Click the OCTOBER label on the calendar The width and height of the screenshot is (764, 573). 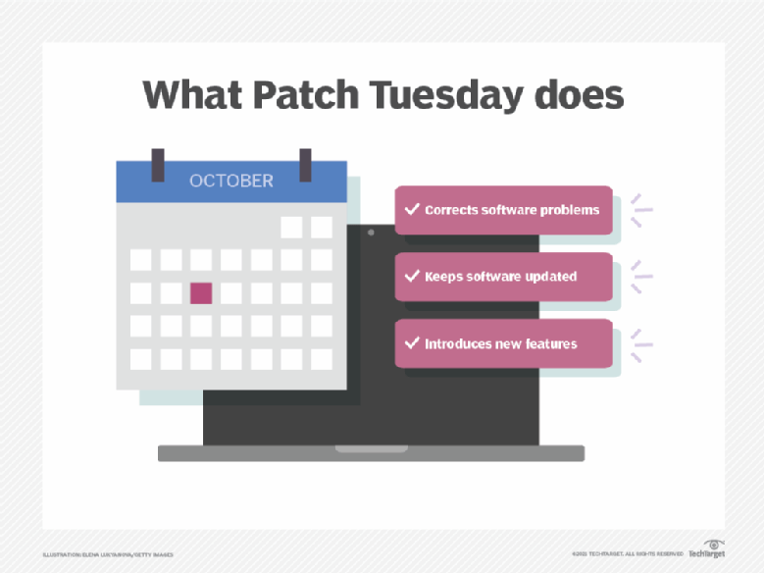(x=231, y=182)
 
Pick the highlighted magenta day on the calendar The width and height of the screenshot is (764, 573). (x=201, y=292)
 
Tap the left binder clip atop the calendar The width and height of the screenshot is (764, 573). (x=158, y=165)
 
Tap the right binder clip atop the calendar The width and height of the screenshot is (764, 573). (x=305, y=165)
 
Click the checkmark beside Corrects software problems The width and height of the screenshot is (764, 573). (x=411, y=210)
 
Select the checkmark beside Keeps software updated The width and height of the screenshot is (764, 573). (x=411, y=277)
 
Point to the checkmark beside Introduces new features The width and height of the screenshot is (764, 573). (x=411, y=343)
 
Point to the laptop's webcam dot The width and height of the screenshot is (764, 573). (x=371, y=234)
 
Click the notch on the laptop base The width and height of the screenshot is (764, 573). (x=371, y=449)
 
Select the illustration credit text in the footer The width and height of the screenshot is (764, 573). (x=108, y=555)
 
